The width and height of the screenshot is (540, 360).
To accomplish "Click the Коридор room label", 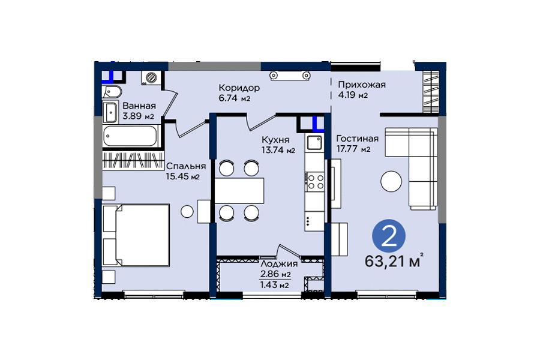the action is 239,88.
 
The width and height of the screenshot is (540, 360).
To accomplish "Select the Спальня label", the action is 186,166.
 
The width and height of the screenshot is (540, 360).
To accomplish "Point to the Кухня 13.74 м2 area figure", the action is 278,150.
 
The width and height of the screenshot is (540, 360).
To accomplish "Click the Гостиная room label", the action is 358,139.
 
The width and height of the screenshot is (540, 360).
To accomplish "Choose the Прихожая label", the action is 362,85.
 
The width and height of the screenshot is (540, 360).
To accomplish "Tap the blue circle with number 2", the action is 389,236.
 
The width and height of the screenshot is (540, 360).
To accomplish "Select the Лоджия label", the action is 279,264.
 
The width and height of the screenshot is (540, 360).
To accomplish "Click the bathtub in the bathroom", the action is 131,136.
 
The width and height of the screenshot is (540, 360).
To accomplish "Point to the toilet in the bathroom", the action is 112,92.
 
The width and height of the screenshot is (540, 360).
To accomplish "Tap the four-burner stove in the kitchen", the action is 314,182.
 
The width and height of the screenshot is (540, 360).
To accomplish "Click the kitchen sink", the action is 314,142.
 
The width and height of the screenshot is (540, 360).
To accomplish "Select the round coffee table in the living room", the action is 391,181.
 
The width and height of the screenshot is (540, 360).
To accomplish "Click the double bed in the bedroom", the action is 136,235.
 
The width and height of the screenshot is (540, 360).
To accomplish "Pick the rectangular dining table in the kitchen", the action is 239,191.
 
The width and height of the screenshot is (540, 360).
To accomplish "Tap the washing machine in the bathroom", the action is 151,77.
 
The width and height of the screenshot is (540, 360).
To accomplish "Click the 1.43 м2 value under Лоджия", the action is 275,285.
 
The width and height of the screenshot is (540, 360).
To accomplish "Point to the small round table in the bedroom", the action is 187,211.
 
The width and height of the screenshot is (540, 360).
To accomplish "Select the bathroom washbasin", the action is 111,112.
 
